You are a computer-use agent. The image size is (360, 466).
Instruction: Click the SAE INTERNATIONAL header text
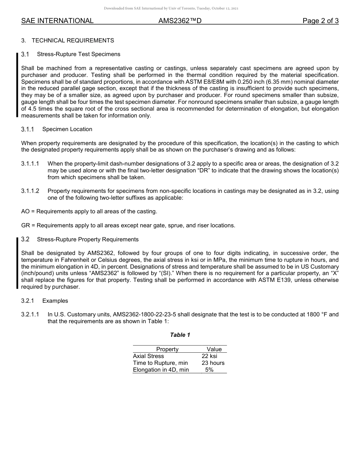click(57, 21)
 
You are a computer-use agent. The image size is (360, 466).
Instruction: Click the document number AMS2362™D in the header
click(180, 21)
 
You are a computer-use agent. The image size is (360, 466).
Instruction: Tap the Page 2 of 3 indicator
click(320, 21)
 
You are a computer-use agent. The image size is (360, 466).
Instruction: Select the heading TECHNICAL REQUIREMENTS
click(73, 40)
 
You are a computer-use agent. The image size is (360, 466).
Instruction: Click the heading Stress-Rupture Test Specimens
click(78, 54)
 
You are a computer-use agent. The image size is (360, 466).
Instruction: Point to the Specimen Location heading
click(67, 129)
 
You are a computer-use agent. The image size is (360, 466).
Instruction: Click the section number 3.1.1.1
click(30, 164)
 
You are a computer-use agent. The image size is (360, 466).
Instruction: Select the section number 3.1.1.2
click(30, 191)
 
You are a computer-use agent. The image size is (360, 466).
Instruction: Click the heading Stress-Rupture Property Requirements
click(88, 239)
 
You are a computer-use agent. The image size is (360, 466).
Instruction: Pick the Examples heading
click(55, 301)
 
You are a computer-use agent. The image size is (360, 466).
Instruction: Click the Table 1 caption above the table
click(180, 335)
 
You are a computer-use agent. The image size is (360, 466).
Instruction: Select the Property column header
click(167, 349)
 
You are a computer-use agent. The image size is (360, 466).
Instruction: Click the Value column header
click(214, 349)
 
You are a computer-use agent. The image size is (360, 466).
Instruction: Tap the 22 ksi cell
click(210, 356)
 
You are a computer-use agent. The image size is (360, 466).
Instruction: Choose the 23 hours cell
click(213, 363)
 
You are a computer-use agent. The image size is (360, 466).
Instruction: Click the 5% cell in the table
click(209, 370)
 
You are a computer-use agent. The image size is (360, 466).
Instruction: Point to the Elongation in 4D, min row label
click(161, 370)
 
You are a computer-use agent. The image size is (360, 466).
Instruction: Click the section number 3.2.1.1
click(30, 314)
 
